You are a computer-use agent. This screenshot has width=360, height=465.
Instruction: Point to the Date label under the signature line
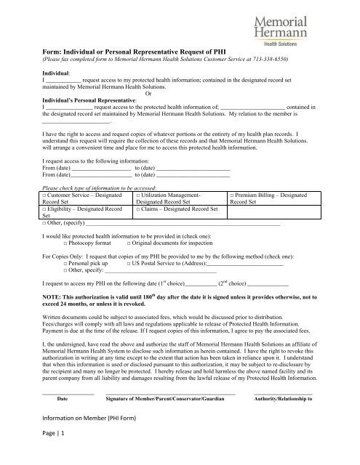(x=62, y=399)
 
